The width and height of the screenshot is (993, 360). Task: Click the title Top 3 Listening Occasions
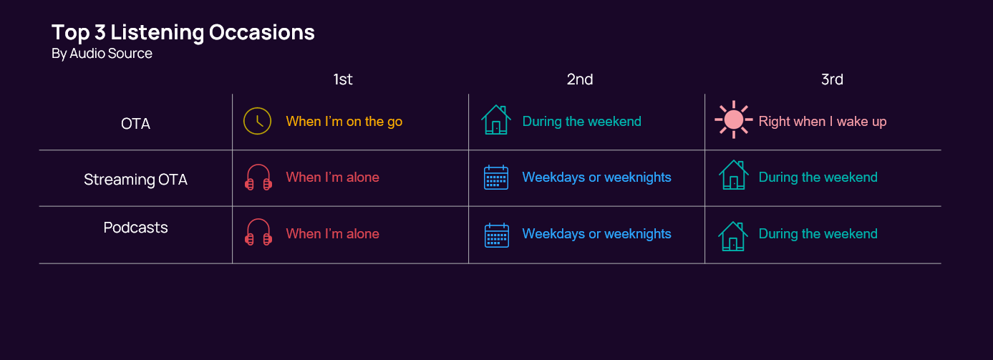coord(183,32)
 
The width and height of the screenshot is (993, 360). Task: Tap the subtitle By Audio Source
coord(102,54)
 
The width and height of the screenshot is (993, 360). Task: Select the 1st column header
coord(343,79)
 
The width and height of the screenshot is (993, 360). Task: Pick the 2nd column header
coord(579,79)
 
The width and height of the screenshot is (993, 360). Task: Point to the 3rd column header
coord(831,79)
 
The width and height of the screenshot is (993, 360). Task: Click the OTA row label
coord(135,124)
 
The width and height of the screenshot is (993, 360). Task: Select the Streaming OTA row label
coord(135,180)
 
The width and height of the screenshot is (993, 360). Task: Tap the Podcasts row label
coord(135,228)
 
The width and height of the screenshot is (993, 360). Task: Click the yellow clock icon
coord(257,121)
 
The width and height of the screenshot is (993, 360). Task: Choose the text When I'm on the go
coord(344,122)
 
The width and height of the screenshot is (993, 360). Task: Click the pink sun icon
coord(733,120)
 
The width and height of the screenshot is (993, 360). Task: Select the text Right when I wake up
coord(822,122)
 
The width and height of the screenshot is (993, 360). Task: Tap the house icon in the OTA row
coord(495,120)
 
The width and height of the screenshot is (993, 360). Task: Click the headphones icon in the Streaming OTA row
coord(258,177)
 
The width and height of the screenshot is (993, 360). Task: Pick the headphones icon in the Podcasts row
coord(258,234)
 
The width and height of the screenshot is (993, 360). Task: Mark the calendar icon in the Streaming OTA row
coord(496,177)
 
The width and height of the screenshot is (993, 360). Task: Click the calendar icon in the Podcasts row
coord(496,235)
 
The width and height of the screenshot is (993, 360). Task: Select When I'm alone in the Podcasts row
coord(332,234)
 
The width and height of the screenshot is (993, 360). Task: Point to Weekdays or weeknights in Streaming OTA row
coord(596,177)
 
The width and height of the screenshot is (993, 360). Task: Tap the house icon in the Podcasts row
coord(733,235)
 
